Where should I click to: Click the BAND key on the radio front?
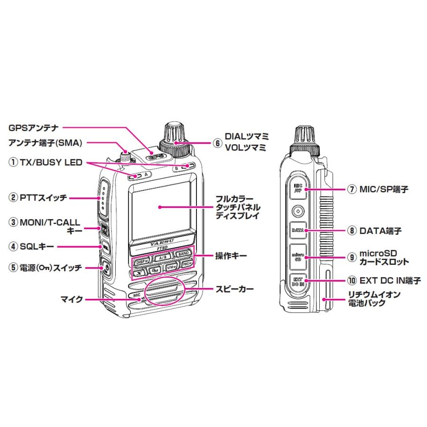[x=183, y=254]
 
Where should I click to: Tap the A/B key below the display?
[x=162, y=258]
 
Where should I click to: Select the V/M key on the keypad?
[x=172, y=269]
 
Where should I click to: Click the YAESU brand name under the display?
[x=161, y=241]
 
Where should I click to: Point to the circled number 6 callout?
[x=217, y=142]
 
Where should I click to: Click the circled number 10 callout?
[x=352, y=281]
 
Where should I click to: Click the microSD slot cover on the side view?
[x=297, y=257]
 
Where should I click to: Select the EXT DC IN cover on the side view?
[x=297, y=281]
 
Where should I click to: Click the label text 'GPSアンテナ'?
[x=34, y=128]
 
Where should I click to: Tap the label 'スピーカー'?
[x=234, y=288]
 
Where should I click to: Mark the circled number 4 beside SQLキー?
[x=13, y=246]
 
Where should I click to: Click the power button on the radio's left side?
[x=105, y=268]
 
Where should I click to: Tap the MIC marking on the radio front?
[x=137, y=295]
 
